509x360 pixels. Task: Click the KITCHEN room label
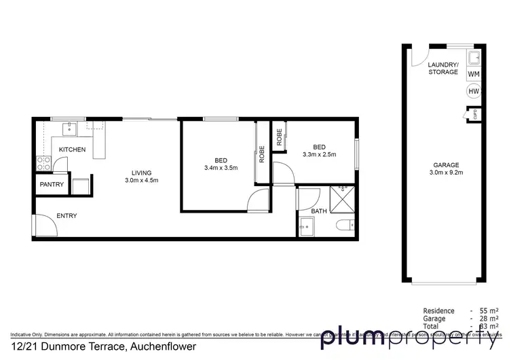(x=72, y=149)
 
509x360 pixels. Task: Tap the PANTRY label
(x=52, y=184)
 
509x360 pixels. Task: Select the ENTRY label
(x=67, y=216)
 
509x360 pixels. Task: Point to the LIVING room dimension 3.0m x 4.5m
(x=142, y=180)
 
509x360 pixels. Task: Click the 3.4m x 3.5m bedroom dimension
(x=221, y=168)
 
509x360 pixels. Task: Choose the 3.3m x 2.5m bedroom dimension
(x=319, y=155)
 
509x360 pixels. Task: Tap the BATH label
(x=318, y=211)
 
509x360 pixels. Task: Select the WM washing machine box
(x=474, y=73)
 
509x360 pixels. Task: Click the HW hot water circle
(x=474, y=90)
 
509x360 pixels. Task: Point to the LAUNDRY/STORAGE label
(x=442, y=68)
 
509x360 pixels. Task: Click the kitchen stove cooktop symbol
(x=44, y=163)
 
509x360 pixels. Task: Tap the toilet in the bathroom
(x=347, y=225)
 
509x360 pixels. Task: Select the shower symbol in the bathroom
(x=343, y=196)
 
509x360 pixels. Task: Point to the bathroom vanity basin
(x=305, y=228)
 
